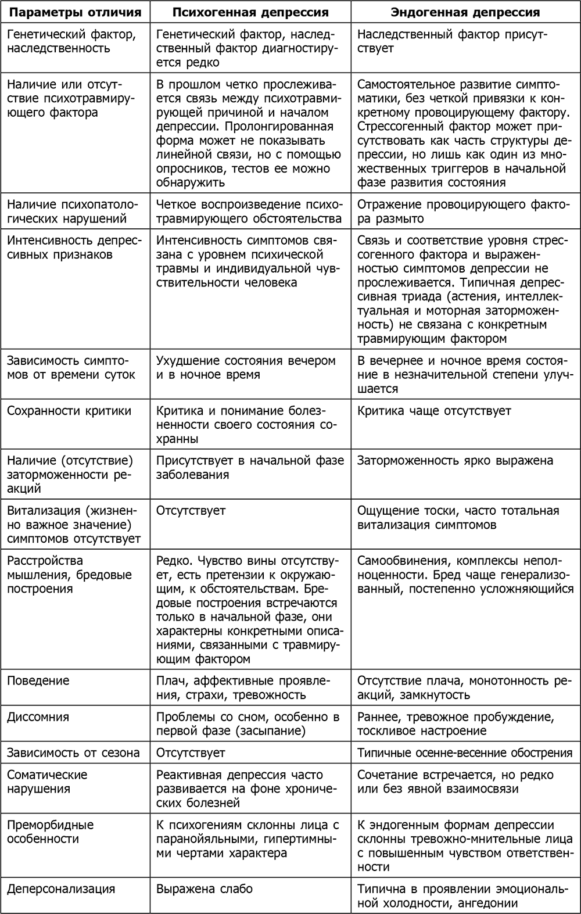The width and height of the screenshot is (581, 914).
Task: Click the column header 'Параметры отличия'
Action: pyautogui.click(x=74, y=12)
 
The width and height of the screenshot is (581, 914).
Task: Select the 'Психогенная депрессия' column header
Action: pyautogui.click(x=250, y=12)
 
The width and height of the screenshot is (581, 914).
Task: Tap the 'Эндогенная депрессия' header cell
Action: pyautogui.click(x=465, y=12)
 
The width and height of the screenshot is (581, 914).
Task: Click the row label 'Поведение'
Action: pyautogui.click(x=38, y=680)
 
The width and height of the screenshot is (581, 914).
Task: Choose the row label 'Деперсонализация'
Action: pyautogui.click(x=61, y=888)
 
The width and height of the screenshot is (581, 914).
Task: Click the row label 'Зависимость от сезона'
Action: pyautogui.click(x=73, y=752)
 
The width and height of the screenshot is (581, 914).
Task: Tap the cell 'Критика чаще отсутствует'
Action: pyautogui.click(x=434, y=411)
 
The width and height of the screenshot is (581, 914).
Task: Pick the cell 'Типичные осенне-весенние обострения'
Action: pyautogui.click(x=465, y=752)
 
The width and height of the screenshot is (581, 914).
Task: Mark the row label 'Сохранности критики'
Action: pyautogui.click(x=69, y=411)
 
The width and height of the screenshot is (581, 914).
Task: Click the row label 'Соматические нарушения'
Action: pyautogui.click(x=47, y=782)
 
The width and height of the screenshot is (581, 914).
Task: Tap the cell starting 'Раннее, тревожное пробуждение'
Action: pyautogui.click(x=456, y=723)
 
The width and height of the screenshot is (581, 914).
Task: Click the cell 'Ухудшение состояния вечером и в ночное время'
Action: pyautogui.click(x=246, y=367)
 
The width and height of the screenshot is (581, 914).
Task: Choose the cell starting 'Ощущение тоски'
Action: pyautogui.click(x=458, y=518)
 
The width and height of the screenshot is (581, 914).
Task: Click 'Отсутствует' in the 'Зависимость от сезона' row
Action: pyautogui.click(x=191, y=752)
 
